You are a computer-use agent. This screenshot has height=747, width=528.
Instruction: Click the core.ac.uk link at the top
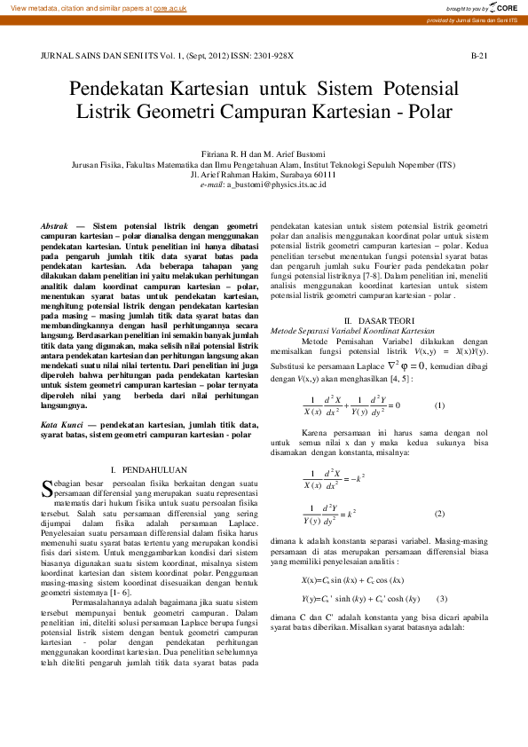[169, 7]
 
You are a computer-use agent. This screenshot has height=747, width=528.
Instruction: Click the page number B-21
[478, 55]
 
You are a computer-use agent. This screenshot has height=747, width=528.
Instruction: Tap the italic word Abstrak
[56, 226]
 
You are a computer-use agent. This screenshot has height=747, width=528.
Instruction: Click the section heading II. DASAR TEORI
[379, 319]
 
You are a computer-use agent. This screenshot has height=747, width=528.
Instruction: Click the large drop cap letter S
[48, 487]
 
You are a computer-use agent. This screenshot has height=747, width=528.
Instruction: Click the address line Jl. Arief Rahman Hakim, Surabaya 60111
[264, 174]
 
